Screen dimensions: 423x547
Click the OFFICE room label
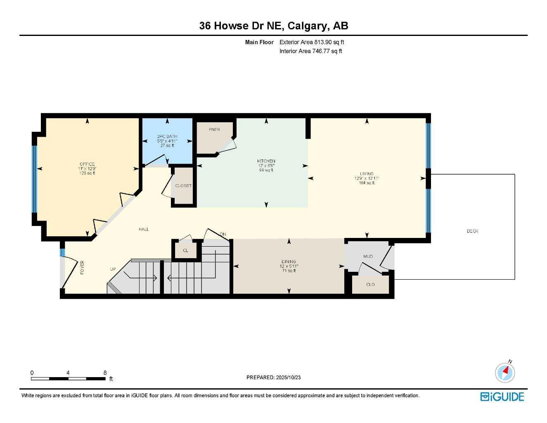[87, 164]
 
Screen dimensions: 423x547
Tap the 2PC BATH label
[167, 137]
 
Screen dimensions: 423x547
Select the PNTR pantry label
[214, 130]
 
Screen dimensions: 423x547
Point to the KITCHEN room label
[266, 161]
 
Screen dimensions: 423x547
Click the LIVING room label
[367, 174]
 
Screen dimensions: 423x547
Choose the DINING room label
[289, 261]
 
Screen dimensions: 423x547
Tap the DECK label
[473, 231]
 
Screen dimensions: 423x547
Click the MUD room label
[368, 257]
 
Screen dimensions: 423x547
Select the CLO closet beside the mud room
[370, 285]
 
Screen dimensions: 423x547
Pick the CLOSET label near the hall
[183, 186]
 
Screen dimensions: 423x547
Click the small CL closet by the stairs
[186, 251]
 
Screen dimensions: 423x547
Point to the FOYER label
[82, 267]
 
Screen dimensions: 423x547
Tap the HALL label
[144, 229]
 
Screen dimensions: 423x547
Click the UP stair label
[113, 269]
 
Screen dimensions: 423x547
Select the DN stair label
[223, 235]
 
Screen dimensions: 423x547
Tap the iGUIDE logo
[502, 397]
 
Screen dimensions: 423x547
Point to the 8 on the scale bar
[105, 373]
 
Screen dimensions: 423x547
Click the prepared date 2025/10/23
[288, 378]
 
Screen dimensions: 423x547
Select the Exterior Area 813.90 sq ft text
[312, 42]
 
